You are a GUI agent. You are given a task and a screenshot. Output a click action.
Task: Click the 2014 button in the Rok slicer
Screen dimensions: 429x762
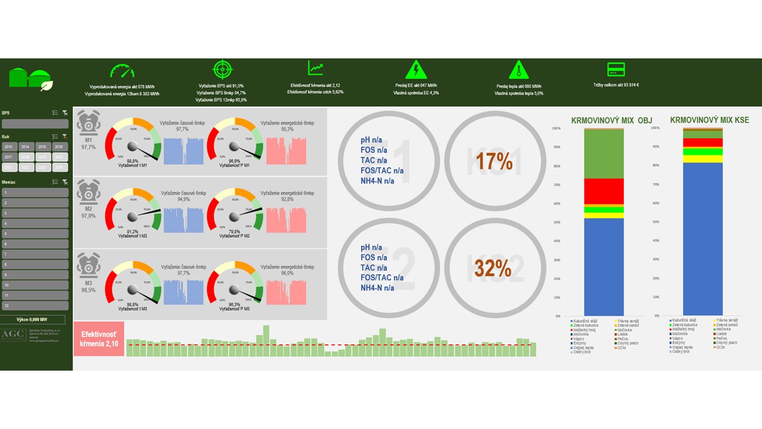[x=26, y=147]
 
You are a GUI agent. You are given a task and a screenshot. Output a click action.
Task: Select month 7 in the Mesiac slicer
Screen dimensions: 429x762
[x=35, y=254]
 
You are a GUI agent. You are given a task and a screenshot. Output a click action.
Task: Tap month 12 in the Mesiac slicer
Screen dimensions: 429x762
[x=35, y=305]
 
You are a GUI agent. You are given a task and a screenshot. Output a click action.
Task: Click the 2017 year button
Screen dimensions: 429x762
[x=10, y=157]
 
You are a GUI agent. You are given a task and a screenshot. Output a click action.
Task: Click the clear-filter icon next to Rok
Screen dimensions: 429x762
[x=65, y=136]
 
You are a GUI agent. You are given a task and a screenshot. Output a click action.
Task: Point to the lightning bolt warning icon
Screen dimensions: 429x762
[x=416, y=70]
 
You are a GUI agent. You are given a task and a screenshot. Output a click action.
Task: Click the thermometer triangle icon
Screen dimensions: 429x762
[x=519, y=70]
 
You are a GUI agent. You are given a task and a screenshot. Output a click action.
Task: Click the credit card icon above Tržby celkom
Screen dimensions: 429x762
[x=616, y=69]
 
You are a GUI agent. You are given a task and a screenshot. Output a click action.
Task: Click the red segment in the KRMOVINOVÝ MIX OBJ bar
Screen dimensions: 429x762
[x=604, y=191]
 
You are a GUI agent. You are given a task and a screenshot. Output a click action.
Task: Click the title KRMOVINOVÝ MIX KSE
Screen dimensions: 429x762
[x=709, y=120]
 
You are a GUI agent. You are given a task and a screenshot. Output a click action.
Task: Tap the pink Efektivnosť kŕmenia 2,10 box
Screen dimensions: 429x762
[x=99, y=339]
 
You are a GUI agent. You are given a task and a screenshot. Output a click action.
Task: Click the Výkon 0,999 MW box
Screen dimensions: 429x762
[x=36, y=320]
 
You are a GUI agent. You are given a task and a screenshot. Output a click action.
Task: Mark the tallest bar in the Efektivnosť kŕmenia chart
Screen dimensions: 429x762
[x=266, y=340]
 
